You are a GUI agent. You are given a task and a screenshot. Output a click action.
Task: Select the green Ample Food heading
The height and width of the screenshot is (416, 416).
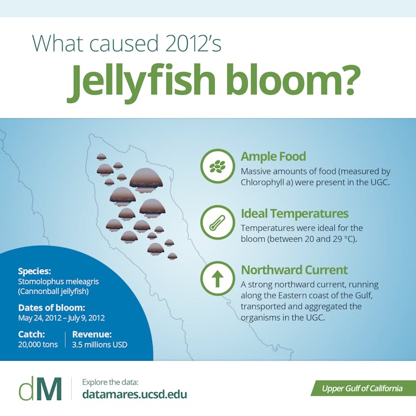tap(273, 156)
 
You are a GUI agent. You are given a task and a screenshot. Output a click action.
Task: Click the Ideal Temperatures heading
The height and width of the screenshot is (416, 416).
tap(295, 214)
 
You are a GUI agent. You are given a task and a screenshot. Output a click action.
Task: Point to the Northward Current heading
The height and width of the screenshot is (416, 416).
tap(294, 270)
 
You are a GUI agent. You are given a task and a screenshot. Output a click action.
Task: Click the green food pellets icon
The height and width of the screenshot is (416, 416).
tap(217, 166)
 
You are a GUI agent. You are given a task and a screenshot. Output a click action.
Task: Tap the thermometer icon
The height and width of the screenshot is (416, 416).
tap(217, 222)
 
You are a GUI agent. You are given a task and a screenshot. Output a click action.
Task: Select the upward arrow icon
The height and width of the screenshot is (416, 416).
tap(217, 279)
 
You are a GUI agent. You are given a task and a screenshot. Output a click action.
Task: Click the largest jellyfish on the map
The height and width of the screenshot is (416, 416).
tap(146, 180)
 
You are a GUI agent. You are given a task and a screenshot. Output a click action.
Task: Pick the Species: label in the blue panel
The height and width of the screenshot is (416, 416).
tap(35, 271)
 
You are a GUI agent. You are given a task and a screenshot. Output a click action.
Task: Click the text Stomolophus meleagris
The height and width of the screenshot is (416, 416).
tap(58, 281)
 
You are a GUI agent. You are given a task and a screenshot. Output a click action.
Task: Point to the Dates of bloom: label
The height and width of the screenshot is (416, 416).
tap(52, 308)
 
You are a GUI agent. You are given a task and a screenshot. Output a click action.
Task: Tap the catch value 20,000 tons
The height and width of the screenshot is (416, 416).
tap(38, 344)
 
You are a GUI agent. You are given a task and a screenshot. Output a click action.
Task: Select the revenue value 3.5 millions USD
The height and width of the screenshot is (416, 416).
tap(100, 344)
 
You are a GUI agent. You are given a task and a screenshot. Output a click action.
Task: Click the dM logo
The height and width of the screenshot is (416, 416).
tap(40, 388)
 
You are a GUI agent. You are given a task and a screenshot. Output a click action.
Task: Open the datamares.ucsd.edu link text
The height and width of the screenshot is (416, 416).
tap(135, 394)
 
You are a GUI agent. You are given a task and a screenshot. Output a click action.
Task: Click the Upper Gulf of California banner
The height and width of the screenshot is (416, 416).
tap(363, 388)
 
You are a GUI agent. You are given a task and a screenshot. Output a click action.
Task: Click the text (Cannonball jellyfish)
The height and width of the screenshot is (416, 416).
tap(54, 291)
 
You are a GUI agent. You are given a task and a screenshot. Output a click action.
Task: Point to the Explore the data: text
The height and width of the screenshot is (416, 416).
tap(110, 382)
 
